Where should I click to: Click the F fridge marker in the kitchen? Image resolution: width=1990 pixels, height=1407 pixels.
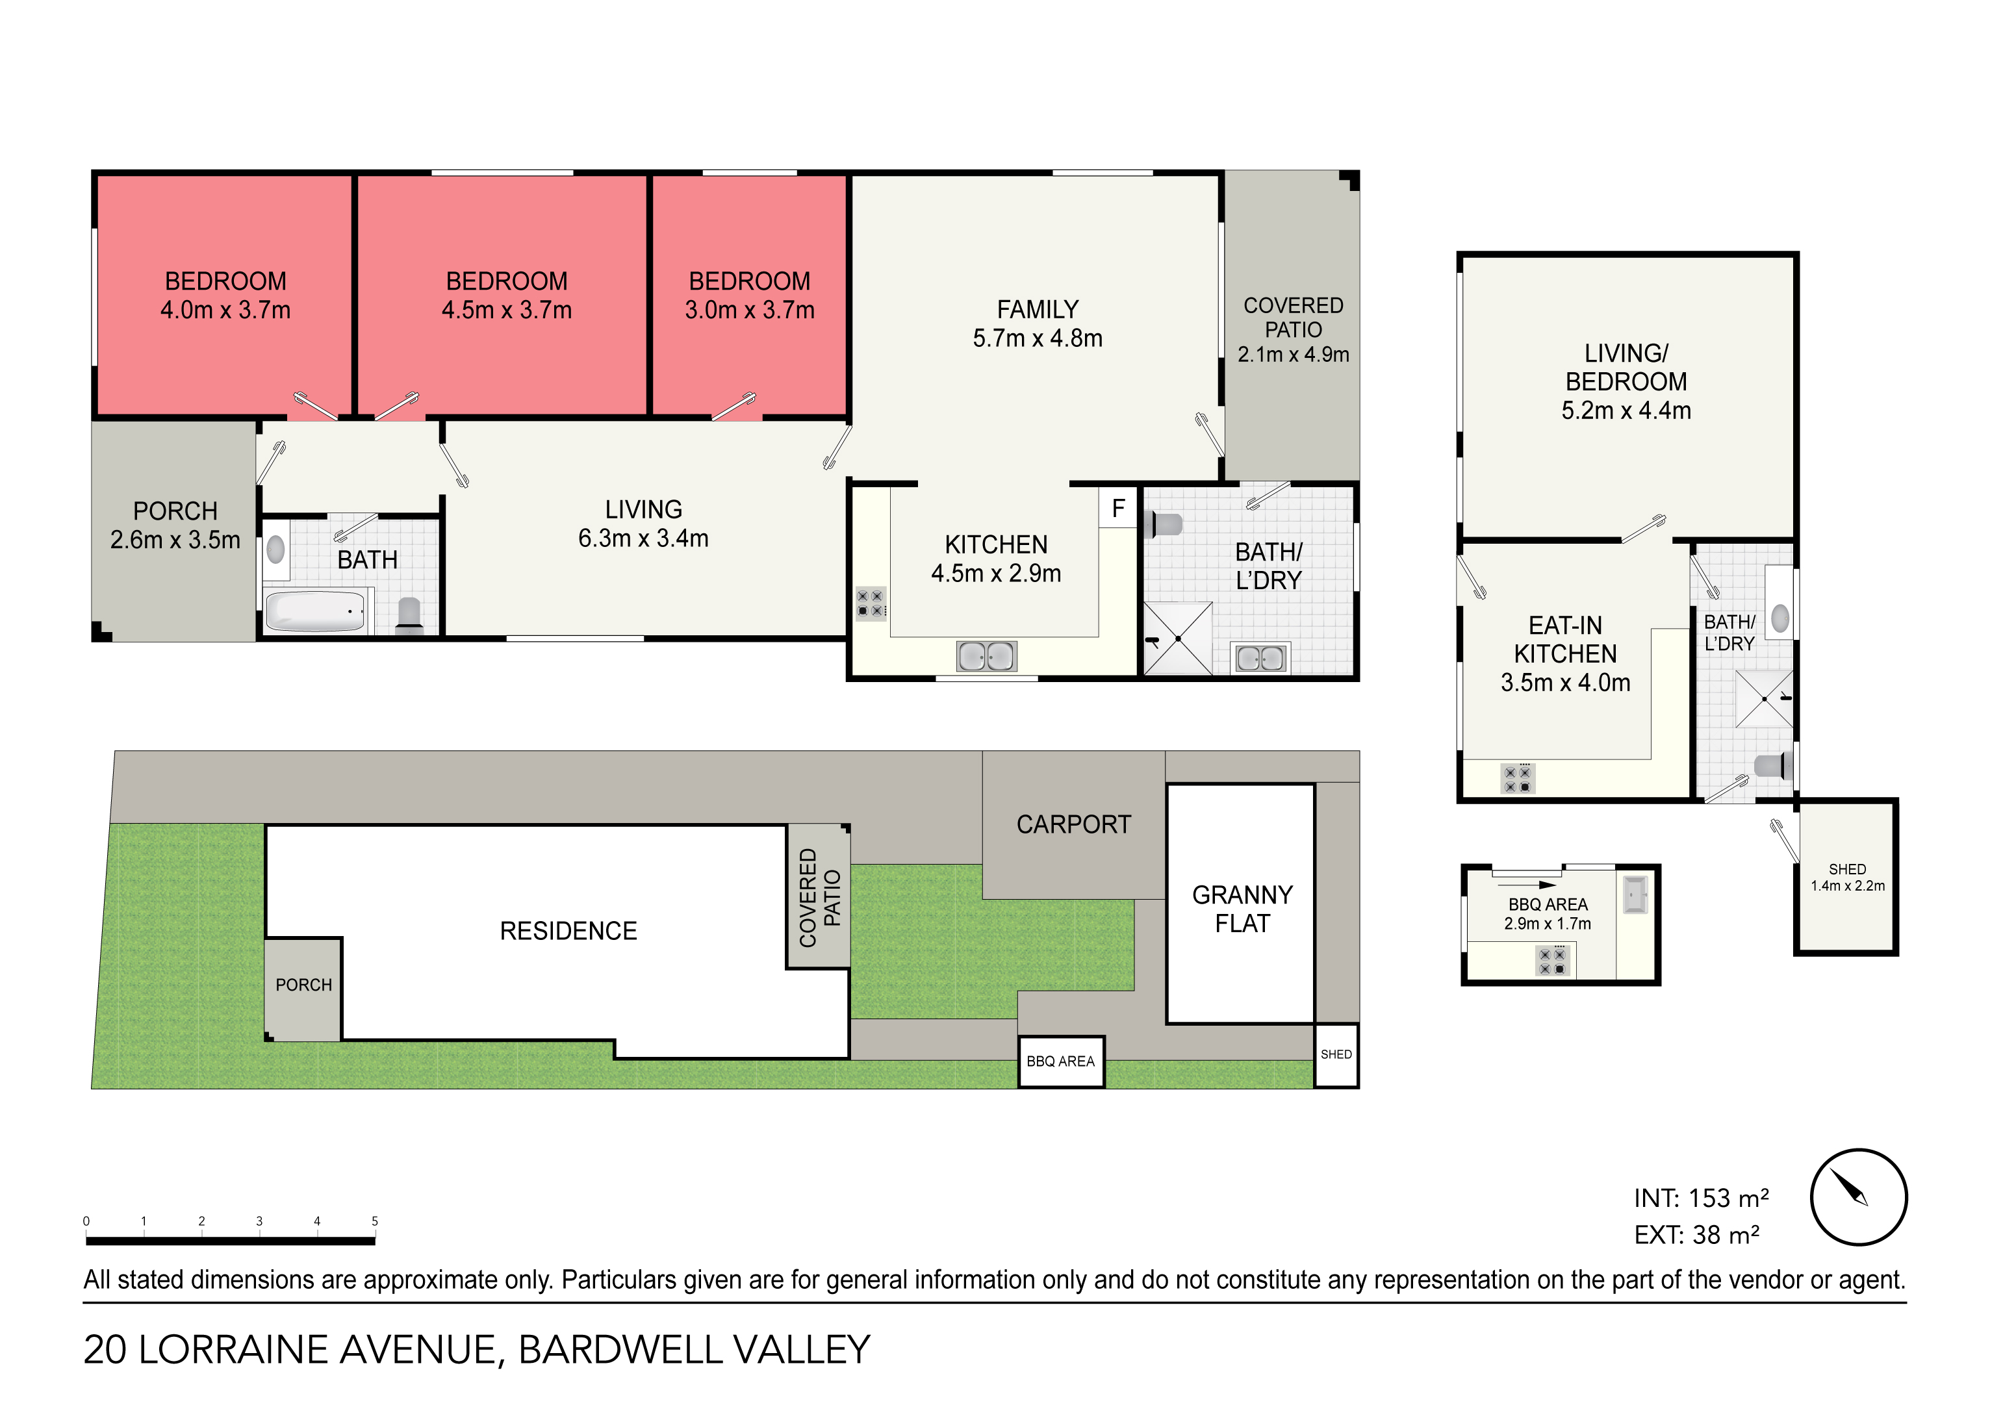coord(1118,509)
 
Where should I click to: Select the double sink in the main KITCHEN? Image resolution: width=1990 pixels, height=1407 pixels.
coord(986,657)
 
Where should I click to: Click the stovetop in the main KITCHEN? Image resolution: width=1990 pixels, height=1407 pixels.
coord(870,603)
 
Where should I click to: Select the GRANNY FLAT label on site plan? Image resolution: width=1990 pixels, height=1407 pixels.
coord(1242,909)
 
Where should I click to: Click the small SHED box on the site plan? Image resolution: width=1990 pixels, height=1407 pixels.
coord(1336,1055)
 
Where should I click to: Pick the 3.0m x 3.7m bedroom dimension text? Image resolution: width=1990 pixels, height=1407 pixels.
coord(750,310)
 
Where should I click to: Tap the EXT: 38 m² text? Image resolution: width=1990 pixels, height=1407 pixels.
coord(1696,1235)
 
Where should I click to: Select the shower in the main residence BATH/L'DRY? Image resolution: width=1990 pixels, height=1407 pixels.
coord(1178,639)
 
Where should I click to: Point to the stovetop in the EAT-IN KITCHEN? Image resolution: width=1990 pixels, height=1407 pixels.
coord(1518,778)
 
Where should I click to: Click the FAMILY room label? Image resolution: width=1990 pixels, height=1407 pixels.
coord(1038,309)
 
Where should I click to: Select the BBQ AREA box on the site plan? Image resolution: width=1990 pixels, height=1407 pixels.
coord(1061,1061)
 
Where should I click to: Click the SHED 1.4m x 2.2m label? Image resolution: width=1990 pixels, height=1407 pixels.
coord(1847,877)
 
